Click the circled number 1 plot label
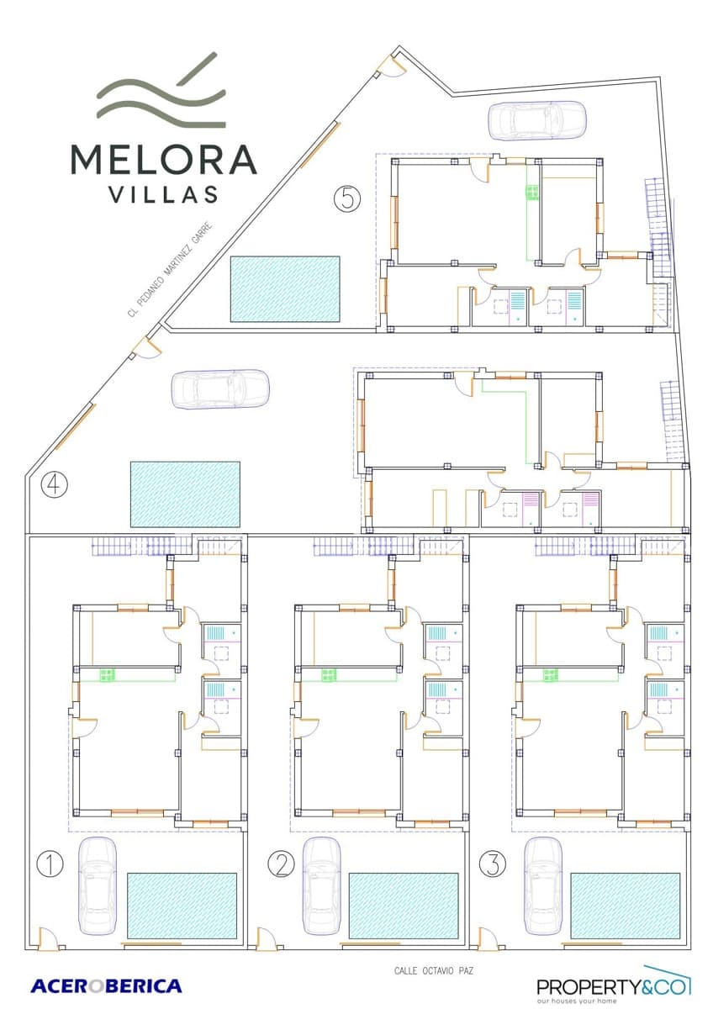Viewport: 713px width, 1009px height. pos(50,864)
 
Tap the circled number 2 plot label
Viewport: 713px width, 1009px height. pos(280,864)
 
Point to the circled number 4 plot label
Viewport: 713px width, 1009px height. pos(54,485)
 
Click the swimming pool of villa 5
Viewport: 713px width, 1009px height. pos(284,288)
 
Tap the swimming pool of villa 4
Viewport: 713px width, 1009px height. pos(185,494)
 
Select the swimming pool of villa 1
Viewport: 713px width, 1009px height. pos(182,906)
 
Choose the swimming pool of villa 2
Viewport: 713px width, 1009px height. pos(404,906)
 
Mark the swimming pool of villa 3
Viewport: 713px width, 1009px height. pos(625,906)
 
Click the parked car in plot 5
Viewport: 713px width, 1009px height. pos(537,119)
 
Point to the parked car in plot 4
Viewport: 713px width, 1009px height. pos(220,389)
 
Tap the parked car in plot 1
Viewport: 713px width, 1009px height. pos(98,885)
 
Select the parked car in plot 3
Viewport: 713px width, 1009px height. pos(542,885)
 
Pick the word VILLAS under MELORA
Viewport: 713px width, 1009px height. pos(164,194)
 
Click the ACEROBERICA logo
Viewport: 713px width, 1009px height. pos(106,985)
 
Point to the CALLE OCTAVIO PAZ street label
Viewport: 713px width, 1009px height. pos(435,970)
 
